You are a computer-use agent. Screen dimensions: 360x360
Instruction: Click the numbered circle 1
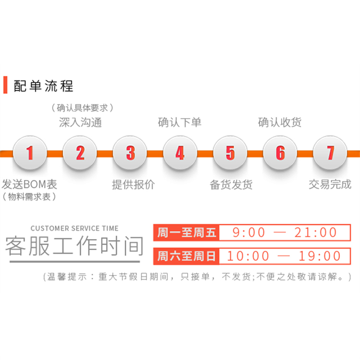coord(30,153)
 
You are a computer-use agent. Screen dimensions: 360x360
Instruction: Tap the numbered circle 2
coord(80,153)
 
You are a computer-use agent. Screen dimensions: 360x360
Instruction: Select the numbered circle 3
coord(130,153)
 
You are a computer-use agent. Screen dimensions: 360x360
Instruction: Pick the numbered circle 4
coord(180,153)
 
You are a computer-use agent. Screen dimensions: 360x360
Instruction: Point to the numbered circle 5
coord(230,153)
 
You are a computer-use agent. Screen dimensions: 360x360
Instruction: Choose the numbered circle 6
coord(280,153)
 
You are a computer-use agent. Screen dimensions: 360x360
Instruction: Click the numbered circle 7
coord(330,153)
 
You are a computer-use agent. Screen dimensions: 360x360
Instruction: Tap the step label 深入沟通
coord(80,122)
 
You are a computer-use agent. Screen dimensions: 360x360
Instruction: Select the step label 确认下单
coord(180,122)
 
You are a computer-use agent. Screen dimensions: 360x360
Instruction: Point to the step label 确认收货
coord(280,122)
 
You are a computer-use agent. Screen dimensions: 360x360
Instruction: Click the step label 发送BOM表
coord(30,184)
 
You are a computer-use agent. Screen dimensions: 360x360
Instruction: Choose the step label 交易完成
coord(330,184)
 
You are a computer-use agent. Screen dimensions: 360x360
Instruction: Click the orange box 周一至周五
coord(187,233)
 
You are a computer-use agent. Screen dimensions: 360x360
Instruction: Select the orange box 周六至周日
coord(187,256)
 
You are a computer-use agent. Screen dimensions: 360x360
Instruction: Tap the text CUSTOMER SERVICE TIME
coord(74,228)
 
